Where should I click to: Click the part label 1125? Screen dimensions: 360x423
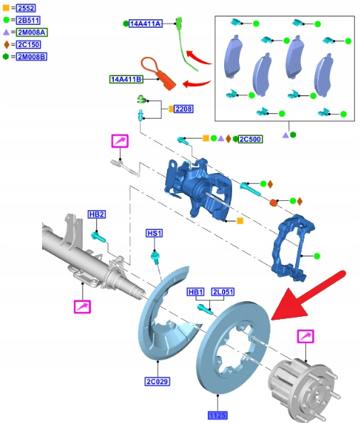(x=218, y=415)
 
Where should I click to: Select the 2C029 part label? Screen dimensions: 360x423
(x=157, y=382)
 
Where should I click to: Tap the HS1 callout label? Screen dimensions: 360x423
(x=154, y=233)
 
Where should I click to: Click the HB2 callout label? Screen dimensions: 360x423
(x=97, y=214)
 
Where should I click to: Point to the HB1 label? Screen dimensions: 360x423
(x=196, y=292)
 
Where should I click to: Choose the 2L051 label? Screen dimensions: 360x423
(x=223, y=292)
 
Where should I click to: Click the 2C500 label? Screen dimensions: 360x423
(x=250, y=139)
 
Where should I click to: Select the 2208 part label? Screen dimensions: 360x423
(x=184, y=109)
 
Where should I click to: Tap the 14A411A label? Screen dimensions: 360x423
(x=146, y=23)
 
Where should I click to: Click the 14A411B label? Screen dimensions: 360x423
(x=127, y=79)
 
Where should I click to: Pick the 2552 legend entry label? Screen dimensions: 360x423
(x=26, y=8)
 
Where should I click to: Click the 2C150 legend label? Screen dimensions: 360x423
(x=28, y=45)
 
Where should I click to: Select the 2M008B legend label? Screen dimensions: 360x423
(x=31, y=57)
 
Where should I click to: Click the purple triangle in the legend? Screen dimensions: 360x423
(x=6, y=32)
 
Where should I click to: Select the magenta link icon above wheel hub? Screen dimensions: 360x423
(x=305, y=336)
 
